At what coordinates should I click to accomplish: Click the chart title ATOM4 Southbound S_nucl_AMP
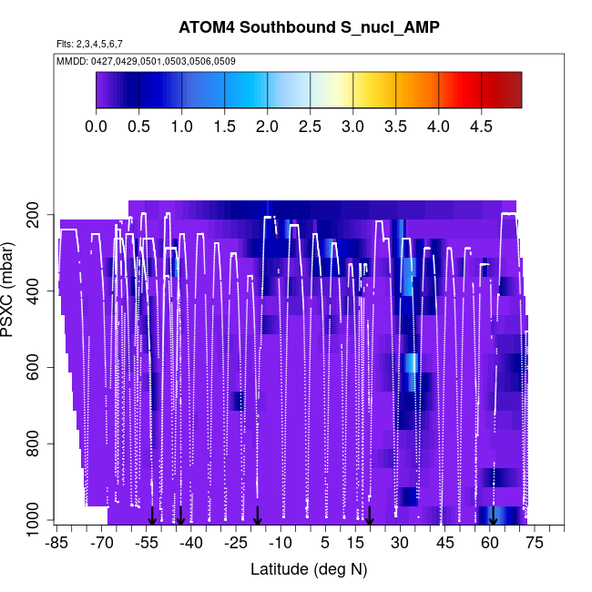click(x=309, y=28)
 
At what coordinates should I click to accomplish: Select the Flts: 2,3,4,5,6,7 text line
click(x=89, y=44)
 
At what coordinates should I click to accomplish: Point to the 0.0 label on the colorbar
click(x=96, y=126)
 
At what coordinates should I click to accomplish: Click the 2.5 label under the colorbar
click(x=310, y=126)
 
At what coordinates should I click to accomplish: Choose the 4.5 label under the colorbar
click(x=481, y=126)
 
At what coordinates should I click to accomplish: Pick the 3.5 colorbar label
click(x=395, y=126)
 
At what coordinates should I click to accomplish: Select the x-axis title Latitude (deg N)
click(x=309, y=569)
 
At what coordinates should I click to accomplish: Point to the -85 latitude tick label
click(x=56, y=544)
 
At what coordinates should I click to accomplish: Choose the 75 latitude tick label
click(x=534, y=544)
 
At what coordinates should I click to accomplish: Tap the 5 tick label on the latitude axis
click(x=325, y=544)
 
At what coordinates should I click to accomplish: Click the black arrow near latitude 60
click(x=493, y=516)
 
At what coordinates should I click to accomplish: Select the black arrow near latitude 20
click(x=370, y=516)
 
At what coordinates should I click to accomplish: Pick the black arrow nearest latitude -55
click(x=153, y=516)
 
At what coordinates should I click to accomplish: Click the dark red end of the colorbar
click(x=511, y=89)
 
